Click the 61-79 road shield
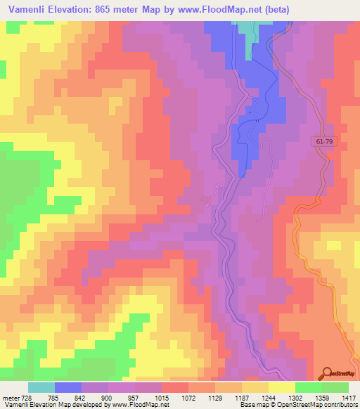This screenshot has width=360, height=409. [323, 142]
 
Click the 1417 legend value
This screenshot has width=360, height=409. [349, 398]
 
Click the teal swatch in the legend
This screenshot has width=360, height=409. [41, 387]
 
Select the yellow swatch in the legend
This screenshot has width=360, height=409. [282, 387]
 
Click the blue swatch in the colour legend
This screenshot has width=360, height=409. [68, 387]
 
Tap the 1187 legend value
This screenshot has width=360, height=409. [229, 398]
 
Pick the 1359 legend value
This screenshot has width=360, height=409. [309, 398]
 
